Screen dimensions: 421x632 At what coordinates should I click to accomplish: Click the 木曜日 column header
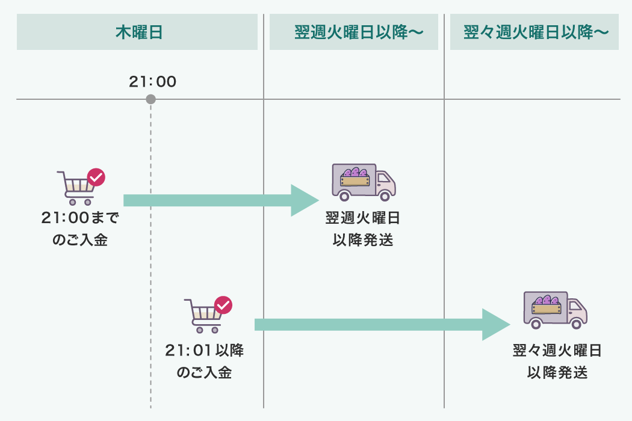pos(137,32)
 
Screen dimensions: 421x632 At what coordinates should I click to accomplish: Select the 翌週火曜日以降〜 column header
pos(354,32)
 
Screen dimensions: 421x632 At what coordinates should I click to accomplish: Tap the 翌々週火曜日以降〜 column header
pos(534,32)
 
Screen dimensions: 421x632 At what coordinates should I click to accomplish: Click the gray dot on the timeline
pos(150,99)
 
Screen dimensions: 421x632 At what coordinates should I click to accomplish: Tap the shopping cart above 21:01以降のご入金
pos(203,316)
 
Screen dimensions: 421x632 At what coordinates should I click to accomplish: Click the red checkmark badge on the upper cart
pos(96,177)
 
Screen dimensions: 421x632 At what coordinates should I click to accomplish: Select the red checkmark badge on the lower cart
pos(223,305)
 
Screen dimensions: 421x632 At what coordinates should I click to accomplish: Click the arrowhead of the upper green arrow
pos(304,200)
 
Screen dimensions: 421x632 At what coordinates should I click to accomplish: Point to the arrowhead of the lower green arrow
pos(495,325)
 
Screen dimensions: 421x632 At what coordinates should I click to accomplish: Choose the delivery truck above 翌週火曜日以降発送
pos(364,182)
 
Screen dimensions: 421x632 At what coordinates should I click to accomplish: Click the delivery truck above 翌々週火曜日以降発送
pos(554,310)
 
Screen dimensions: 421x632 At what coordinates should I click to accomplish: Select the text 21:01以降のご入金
pos(205,361)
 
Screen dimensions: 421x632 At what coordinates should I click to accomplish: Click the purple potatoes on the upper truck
pos(355,173)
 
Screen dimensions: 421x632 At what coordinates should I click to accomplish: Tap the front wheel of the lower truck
pos(576,324)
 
